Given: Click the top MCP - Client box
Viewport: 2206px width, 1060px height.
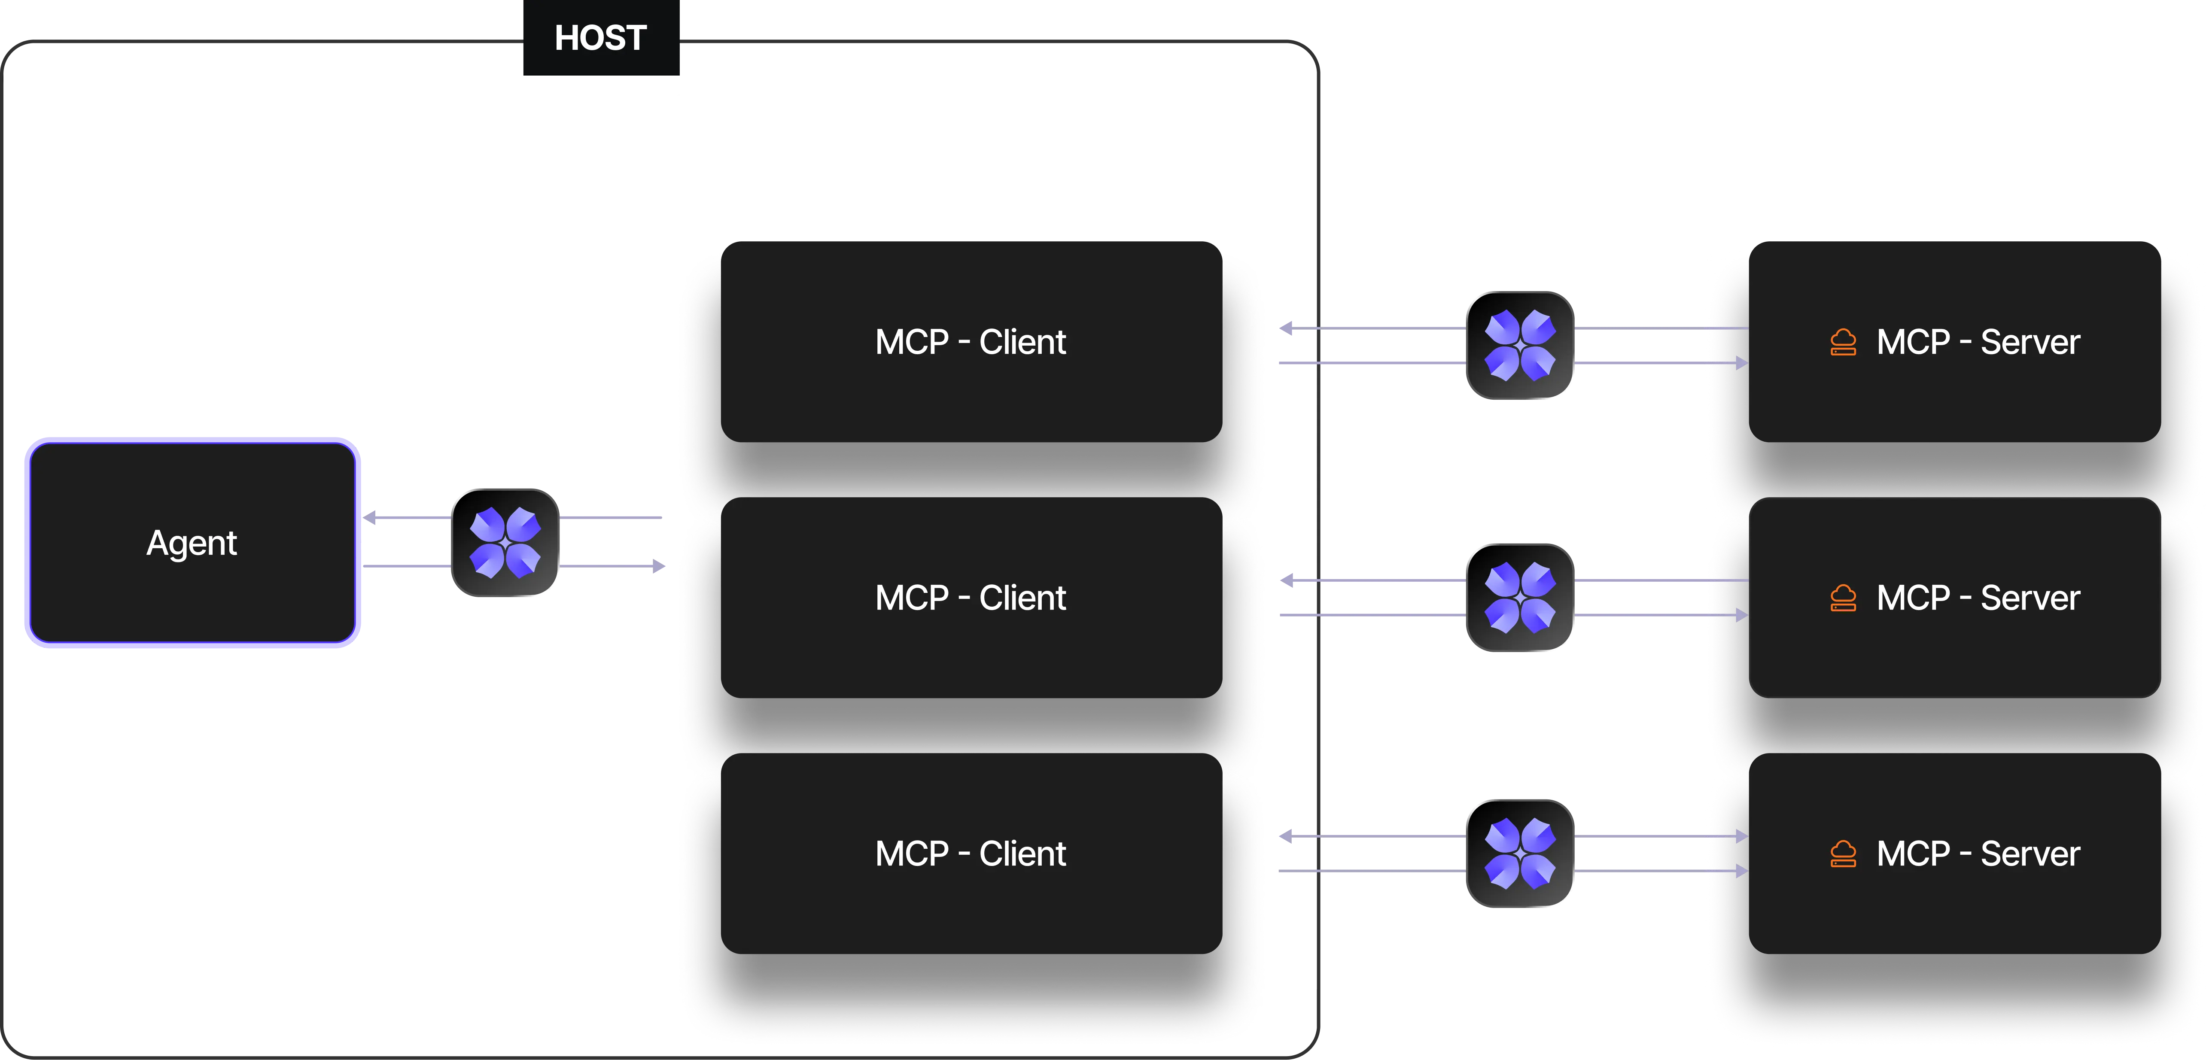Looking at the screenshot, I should [x=971, y=342].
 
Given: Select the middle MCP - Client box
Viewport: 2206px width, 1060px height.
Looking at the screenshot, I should [x=971, y=598].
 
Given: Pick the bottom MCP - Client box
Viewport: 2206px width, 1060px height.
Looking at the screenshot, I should [x=971, y=853].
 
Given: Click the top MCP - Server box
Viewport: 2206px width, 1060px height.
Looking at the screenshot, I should [x=1954, y=342].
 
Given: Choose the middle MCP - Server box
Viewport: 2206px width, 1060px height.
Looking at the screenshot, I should [x=1954, y=598].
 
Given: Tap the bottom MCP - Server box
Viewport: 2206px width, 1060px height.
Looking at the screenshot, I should [x=1954, y=853].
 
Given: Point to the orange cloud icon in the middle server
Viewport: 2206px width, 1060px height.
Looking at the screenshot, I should [x=1843, y=598].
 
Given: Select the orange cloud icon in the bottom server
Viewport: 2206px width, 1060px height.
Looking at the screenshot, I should [x=1843, y=853].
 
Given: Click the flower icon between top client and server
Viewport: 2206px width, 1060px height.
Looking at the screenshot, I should [x=1520, y=345].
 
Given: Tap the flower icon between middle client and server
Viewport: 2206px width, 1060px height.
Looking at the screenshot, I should [x=1520, y=598].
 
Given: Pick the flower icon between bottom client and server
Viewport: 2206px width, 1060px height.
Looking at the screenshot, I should [x=1520, y=853].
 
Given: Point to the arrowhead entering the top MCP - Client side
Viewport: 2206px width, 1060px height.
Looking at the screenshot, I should [x=1287, y=328].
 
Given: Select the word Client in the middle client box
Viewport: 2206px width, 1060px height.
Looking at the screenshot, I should [x=1022, y=598].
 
